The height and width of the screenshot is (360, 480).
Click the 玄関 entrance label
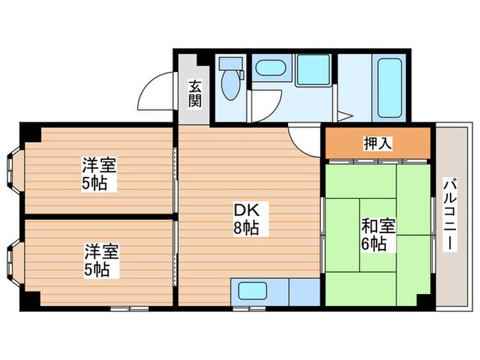point(195,95)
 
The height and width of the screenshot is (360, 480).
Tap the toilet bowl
point(229,87)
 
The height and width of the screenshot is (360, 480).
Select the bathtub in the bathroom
point(389,87)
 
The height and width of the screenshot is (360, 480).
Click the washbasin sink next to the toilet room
point(269,69)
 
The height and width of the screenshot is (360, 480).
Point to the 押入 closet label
point(377,143)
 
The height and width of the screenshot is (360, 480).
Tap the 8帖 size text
point(245,228)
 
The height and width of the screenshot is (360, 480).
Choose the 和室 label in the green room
point(374,226)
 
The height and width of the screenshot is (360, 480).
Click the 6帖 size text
point(374,243)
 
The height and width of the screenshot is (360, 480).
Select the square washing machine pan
point(314,69)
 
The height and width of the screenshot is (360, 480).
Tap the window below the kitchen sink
point(248,309)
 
